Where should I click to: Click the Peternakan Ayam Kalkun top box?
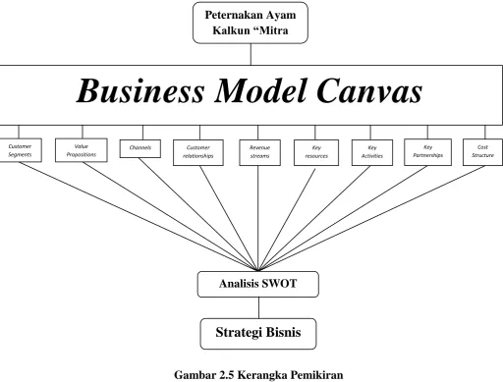(x=251, y=23)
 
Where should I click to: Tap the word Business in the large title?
(x=140, y=90)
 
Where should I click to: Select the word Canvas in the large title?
(x=369, y=90)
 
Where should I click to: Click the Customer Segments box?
(x=20, y=150)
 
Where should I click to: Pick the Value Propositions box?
(x=82, y=150)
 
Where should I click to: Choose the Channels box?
(x=140, y=148)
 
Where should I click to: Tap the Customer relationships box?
(x=198, y=152)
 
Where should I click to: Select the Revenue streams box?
(x=259, y=152)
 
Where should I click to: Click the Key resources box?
(x=316, y=152)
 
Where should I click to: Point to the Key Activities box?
(x=372, y=152)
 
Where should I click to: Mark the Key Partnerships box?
(x=427, y=152)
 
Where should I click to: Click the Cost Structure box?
(x=482, y=152)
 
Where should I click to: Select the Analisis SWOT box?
(x=258, y=284)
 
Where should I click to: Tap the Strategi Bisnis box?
(x=258, y=334)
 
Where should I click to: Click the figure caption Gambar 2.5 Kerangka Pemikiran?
(x=258, y=374)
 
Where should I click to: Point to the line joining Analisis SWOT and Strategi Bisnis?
(x=258, y=307)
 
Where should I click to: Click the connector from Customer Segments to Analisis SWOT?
(x=139, y=216)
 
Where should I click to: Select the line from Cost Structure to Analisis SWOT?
(x=372, y=218)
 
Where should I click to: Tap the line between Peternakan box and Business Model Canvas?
(x=251, y=54)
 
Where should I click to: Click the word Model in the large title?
(x=260, y=90)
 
